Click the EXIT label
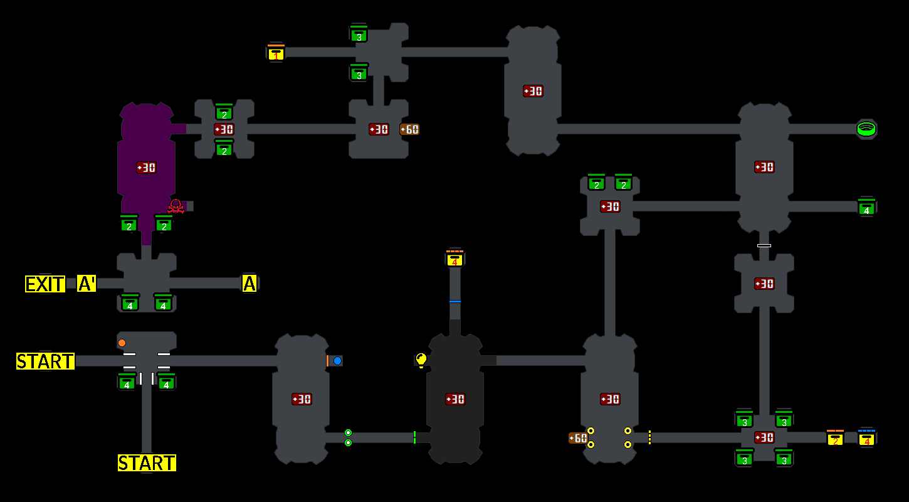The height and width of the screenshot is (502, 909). (45, 284)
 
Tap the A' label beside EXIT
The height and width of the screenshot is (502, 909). (87, 284)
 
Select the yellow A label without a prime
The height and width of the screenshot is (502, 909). (250, 284)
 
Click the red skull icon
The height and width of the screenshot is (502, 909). (176, 206)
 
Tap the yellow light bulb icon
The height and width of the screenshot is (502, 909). (421, 360)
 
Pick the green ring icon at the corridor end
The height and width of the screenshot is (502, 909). (866, 129)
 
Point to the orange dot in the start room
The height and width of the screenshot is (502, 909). (122, 343)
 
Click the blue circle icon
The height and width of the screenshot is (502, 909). (337, 361)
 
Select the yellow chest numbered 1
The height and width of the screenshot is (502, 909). (276, 53)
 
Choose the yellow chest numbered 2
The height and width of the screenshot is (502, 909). (835, 438)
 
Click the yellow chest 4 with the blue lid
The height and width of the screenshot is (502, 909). (867, 438)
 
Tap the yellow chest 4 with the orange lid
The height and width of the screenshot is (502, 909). (455, 259)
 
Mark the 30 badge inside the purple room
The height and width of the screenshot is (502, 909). (146, 168)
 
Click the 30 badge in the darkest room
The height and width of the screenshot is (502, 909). (455, 399)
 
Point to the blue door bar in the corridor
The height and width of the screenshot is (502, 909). (455, 302)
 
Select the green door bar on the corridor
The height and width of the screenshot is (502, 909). (414, 437)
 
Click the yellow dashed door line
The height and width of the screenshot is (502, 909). (649, 437)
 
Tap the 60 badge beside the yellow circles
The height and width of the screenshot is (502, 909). (577, 438)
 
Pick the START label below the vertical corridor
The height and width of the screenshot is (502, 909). (147, 463)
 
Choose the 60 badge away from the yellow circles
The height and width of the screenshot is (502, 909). (409, 129)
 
